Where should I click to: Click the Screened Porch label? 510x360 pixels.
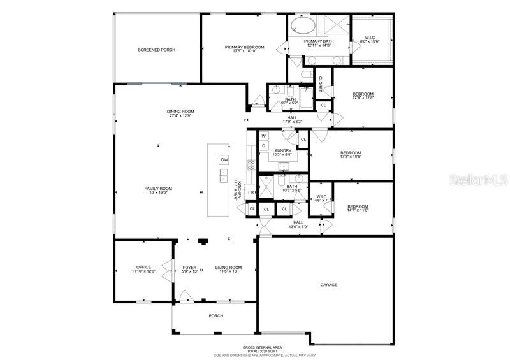click(x=156, y=50)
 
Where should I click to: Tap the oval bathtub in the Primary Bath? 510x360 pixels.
click(x=303, y=27)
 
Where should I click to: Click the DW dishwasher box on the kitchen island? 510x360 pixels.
click(x=224, y=159)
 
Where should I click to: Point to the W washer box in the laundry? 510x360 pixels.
click(x=263, y=136)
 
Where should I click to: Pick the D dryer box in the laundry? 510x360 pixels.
click(x=263, y=146)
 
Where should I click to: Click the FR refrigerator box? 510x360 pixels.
click(x=251, y=192)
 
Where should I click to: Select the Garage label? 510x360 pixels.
click(x=328, y=285)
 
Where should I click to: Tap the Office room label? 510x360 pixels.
click(x=143, y=267)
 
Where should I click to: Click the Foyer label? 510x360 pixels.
click(x=189, y=267)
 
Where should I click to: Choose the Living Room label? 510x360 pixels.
click(x=228, y=267)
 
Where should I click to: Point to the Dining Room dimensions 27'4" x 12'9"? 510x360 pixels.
click(x=182, y=116)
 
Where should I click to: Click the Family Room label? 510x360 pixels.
click(x=158, y=189)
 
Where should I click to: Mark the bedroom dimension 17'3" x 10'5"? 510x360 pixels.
click(x=351, y=157)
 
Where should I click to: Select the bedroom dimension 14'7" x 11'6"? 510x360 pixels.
click(x=358, y=210)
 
